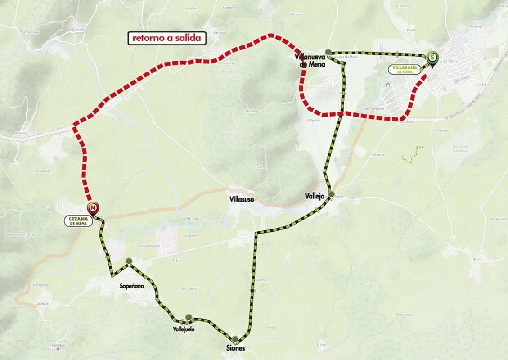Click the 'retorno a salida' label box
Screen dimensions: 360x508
coord(167,38)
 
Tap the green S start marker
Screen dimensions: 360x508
coord(432,57)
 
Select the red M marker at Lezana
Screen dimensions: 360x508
coord(93,208)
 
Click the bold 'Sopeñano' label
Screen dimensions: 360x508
coord(131,286)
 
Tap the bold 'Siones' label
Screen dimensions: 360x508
coord(236,348)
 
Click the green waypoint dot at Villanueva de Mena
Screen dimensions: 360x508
coord(329,52)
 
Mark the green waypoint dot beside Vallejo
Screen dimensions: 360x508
coord(332,194)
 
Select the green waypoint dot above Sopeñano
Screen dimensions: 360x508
coord(129,261)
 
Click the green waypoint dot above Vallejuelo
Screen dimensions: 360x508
coord(189,316)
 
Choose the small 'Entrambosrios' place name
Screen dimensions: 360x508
coord(150,245)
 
